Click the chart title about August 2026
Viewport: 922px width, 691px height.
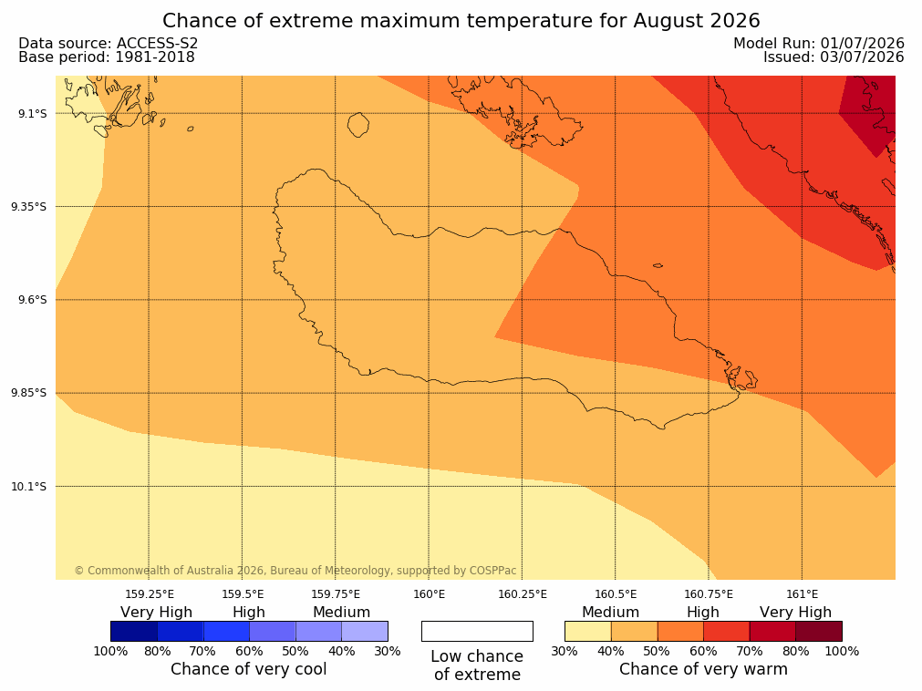461,21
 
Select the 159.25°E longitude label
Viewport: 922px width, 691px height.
150,594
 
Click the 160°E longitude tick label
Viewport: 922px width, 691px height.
430,594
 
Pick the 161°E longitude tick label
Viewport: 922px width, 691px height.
802,594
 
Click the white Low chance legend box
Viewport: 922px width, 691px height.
478,631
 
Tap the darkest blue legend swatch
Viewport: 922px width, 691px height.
134,631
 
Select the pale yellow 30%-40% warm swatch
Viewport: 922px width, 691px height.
588,631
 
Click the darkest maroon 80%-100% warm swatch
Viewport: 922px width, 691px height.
819,631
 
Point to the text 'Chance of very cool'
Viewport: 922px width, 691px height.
249,669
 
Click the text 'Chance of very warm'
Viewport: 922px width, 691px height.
703,669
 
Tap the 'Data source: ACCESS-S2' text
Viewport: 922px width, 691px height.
109,44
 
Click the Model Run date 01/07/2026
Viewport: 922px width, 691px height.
862,44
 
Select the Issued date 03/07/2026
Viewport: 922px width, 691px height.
862,57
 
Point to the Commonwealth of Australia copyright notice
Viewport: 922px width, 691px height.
295,571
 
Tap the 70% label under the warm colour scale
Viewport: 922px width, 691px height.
749,651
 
